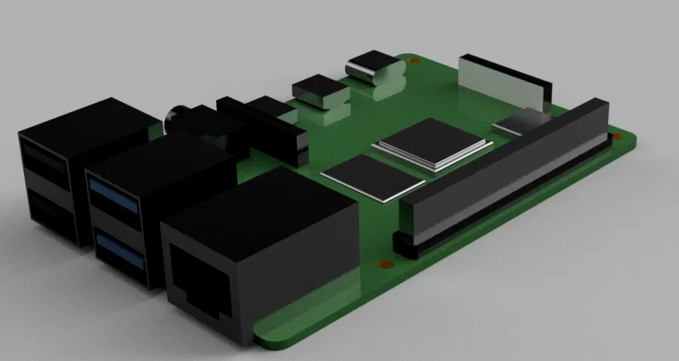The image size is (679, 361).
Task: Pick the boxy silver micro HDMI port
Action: [x=320, y=92]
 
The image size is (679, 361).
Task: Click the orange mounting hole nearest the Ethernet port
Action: [x=384, y=265]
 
